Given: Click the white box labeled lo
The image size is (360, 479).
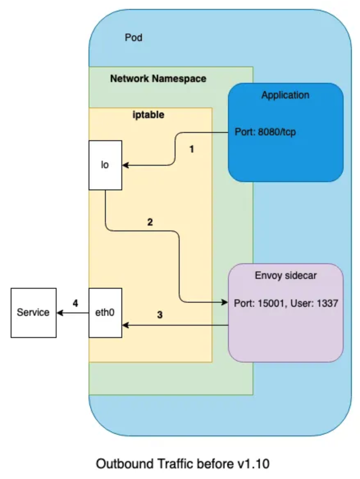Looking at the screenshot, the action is pos(105,165).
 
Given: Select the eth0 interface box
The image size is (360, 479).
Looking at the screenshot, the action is pos(105,313).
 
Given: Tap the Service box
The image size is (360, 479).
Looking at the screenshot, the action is pos(34,313).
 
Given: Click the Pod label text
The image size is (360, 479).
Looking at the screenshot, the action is pos(133,38).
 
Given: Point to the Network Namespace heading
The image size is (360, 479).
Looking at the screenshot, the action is pos(158,78).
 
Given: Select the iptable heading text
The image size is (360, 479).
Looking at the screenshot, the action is pos(148,115).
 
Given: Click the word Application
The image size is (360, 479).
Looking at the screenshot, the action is pos(285,95).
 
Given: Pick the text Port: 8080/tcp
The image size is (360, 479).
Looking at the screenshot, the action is pos(265,132).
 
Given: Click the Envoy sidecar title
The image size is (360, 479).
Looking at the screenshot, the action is pos(285,276).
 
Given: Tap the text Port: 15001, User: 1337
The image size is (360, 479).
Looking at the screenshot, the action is pos(286,303).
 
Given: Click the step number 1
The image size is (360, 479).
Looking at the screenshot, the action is pos(192,149).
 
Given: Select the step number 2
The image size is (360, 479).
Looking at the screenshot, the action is pos(150,222).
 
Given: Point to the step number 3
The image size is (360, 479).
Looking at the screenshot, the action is pos(159,315).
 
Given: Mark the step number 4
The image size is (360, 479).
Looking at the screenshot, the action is pos(75,303).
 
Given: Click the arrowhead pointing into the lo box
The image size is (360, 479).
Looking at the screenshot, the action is pos(125,165).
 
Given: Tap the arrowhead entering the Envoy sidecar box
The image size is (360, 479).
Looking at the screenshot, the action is pos(225,302).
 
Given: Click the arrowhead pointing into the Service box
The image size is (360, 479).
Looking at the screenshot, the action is pos(60,313).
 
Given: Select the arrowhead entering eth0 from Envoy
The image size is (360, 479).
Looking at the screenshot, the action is pos(125,325).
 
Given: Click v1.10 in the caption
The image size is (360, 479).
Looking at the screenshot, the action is pos(253,464).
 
